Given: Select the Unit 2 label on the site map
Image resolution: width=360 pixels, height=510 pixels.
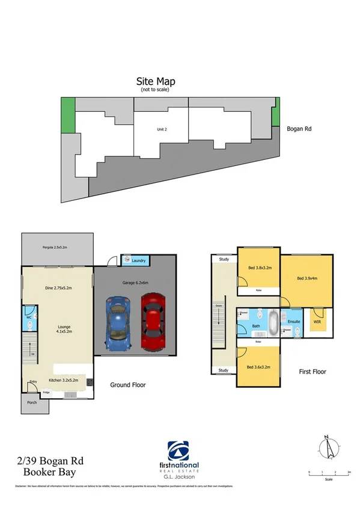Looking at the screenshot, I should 162,129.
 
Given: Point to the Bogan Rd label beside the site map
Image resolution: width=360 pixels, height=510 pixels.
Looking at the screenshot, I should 299,128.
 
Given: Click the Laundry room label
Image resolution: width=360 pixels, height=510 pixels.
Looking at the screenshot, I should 139,261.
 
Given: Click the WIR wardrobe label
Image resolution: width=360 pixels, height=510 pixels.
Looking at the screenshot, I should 317,322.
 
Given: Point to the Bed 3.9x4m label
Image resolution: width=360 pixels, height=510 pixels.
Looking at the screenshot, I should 307,278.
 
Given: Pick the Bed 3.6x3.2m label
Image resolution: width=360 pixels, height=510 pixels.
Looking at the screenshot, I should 258,367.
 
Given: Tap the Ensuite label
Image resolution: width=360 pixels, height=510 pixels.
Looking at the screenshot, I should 294,322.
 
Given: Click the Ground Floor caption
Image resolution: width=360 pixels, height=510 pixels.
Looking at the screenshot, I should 127,385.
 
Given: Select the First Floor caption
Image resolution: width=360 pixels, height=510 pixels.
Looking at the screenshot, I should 312,372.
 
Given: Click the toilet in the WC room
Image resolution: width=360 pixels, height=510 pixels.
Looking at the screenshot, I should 31,324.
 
